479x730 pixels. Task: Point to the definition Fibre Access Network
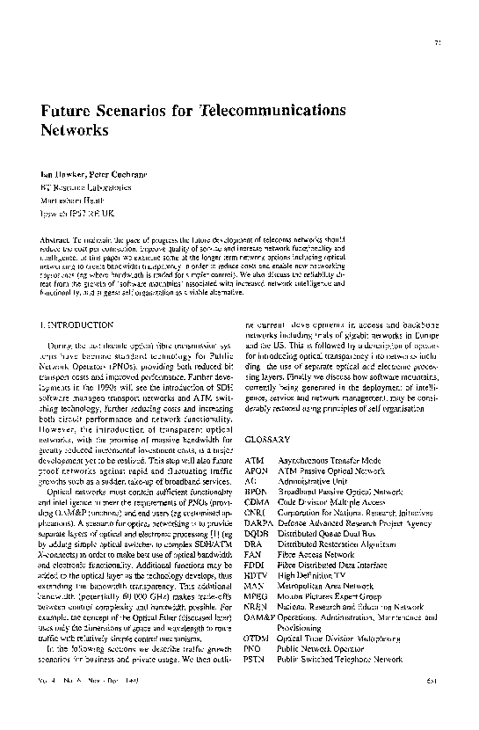click(x=318, y=557)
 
